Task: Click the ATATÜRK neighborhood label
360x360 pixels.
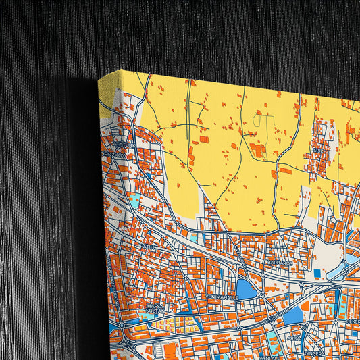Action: pos(126,144)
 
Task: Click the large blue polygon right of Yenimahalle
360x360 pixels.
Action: pos(246,290)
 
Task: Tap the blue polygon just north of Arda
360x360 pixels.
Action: pos(292,315)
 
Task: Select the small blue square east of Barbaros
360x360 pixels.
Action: pos(317,273)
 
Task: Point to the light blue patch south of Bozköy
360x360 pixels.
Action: pos(134,200)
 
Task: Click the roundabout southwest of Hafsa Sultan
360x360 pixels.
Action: pos(122,326)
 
